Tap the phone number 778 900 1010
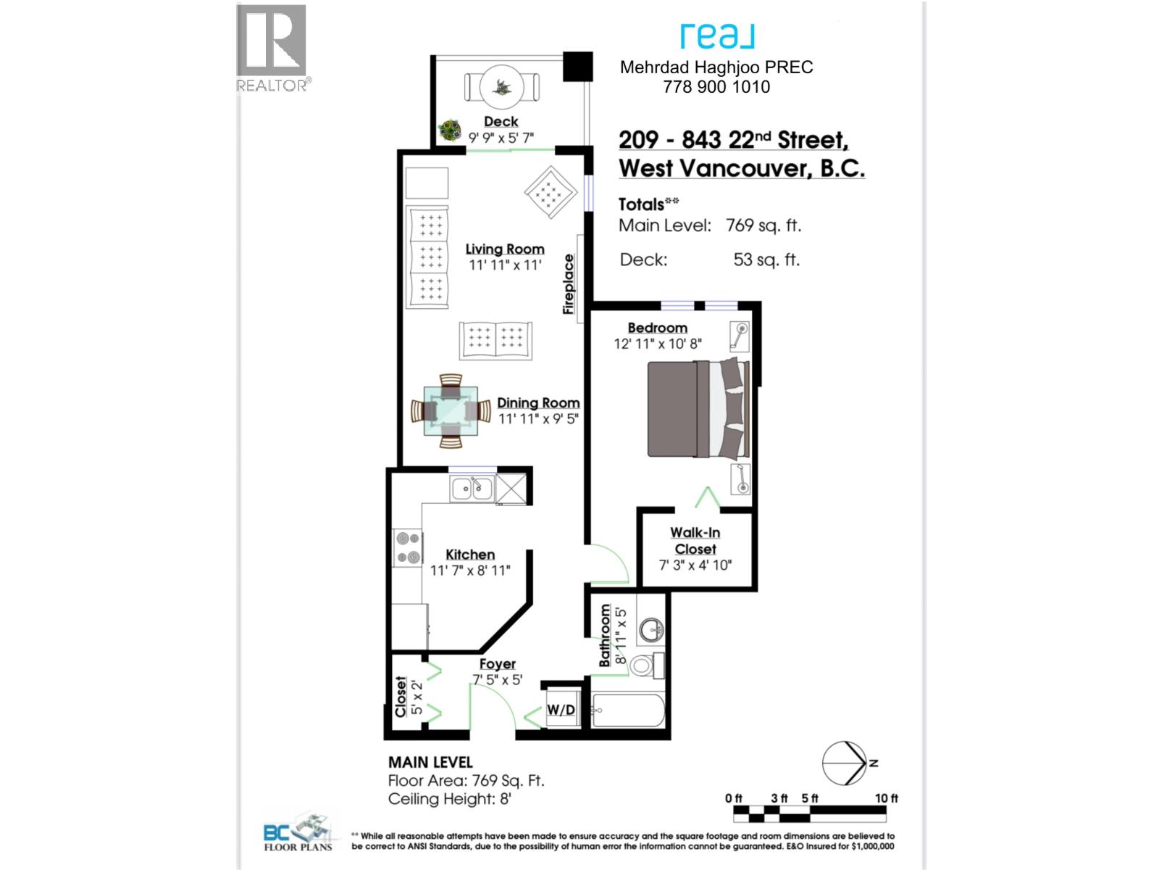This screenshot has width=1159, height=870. pyautogui.click(x=716, y=87)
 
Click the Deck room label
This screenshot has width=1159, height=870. pyautogui.click(x=501, y=121)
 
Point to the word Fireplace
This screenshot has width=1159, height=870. pyautogui.click(x=569, y=283)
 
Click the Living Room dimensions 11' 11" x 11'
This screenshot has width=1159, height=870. pyautogui.click(x=505, y=265)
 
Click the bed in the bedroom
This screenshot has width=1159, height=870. pyautogui.click(x=697, y=410)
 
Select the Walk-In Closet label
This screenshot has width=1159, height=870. pyautogui.click(x=695, y=541)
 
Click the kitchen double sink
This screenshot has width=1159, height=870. pyautogui.click(x=472, y=489)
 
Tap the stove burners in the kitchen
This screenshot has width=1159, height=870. pyautogui.click(x=407, y=547)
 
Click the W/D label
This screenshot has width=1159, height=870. pyautogui.click(x=561, y=709)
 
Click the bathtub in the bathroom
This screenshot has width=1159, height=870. pyautogui.click(x=627, y=711)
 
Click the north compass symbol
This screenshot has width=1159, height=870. pyautogui.click(x=845, y=763)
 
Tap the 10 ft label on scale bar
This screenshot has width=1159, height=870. pyautogui.click(x=886, y=798)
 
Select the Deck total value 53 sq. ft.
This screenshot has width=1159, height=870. pyautogui.click(x=766, y=260)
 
